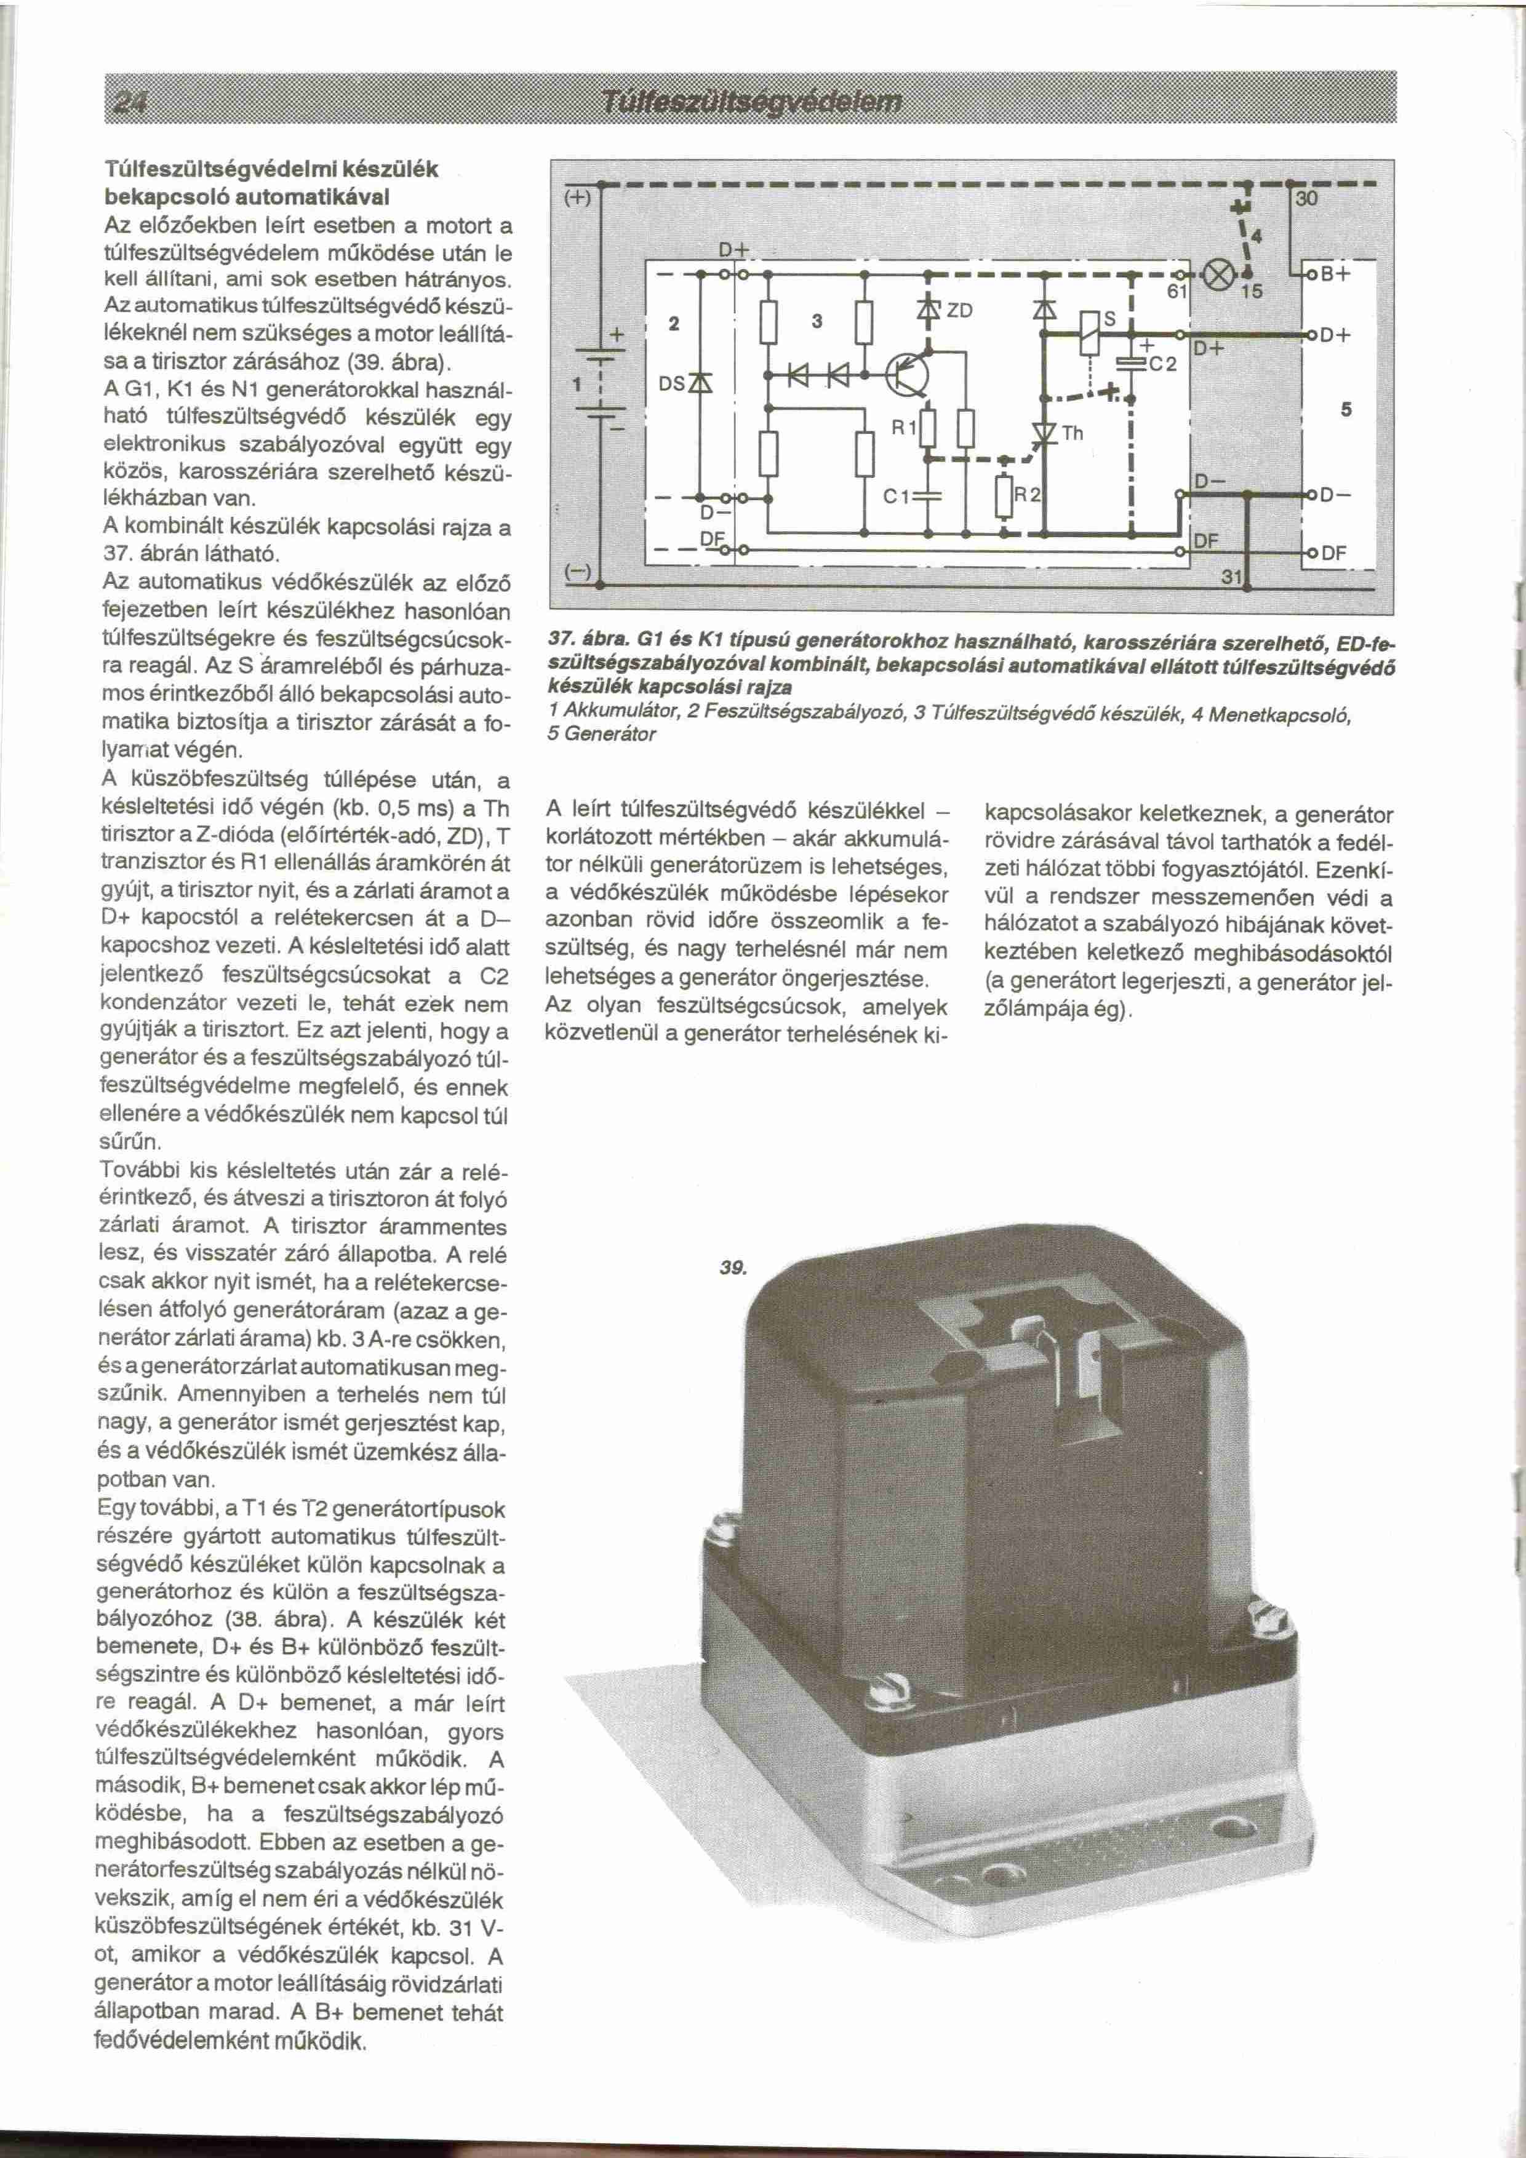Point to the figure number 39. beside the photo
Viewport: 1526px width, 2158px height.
(x=732, y=1269)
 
